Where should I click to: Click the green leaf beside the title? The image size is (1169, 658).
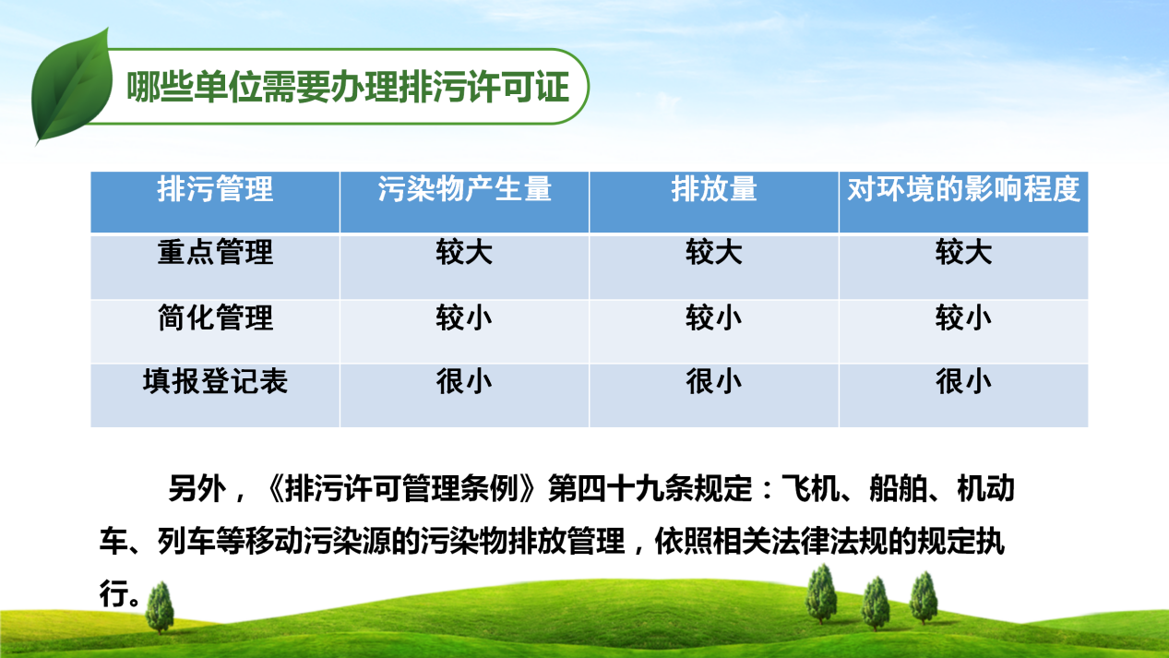72,86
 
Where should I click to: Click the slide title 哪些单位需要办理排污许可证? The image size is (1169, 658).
348,87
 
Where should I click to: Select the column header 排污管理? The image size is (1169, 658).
215,189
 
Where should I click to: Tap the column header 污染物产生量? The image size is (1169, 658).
464,189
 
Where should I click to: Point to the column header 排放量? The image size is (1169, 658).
714,189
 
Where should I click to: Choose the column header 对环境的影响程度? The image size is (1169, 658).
963,189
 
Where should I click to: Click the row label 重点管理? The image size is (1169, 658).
215,253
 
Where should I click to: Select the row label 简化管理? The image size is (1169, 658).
215,317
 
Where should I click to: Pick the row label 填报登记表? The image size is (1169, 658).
215,381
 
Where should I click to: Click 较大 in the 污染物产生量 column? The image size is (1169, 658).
464,253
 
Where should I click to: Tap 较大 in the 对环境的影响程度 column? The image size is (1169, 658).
963,253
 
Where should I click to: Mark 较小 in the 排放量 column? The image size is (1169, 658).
714,317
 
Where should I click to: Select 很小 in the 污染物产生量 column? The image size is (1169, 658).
464,381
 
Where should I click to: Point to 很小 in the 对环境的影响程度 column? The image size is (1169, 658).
963,381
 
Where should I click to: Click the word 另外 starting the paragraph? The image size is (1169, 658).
197,489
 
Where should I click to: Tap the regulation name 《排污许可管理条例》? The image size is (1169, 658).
400,489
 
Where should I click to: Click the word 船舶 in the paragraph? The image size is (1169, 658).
898,489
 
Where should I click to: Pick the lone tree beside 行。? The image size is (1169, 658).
160,607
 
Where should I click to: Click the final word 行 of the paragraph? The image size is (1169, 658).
113,593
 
